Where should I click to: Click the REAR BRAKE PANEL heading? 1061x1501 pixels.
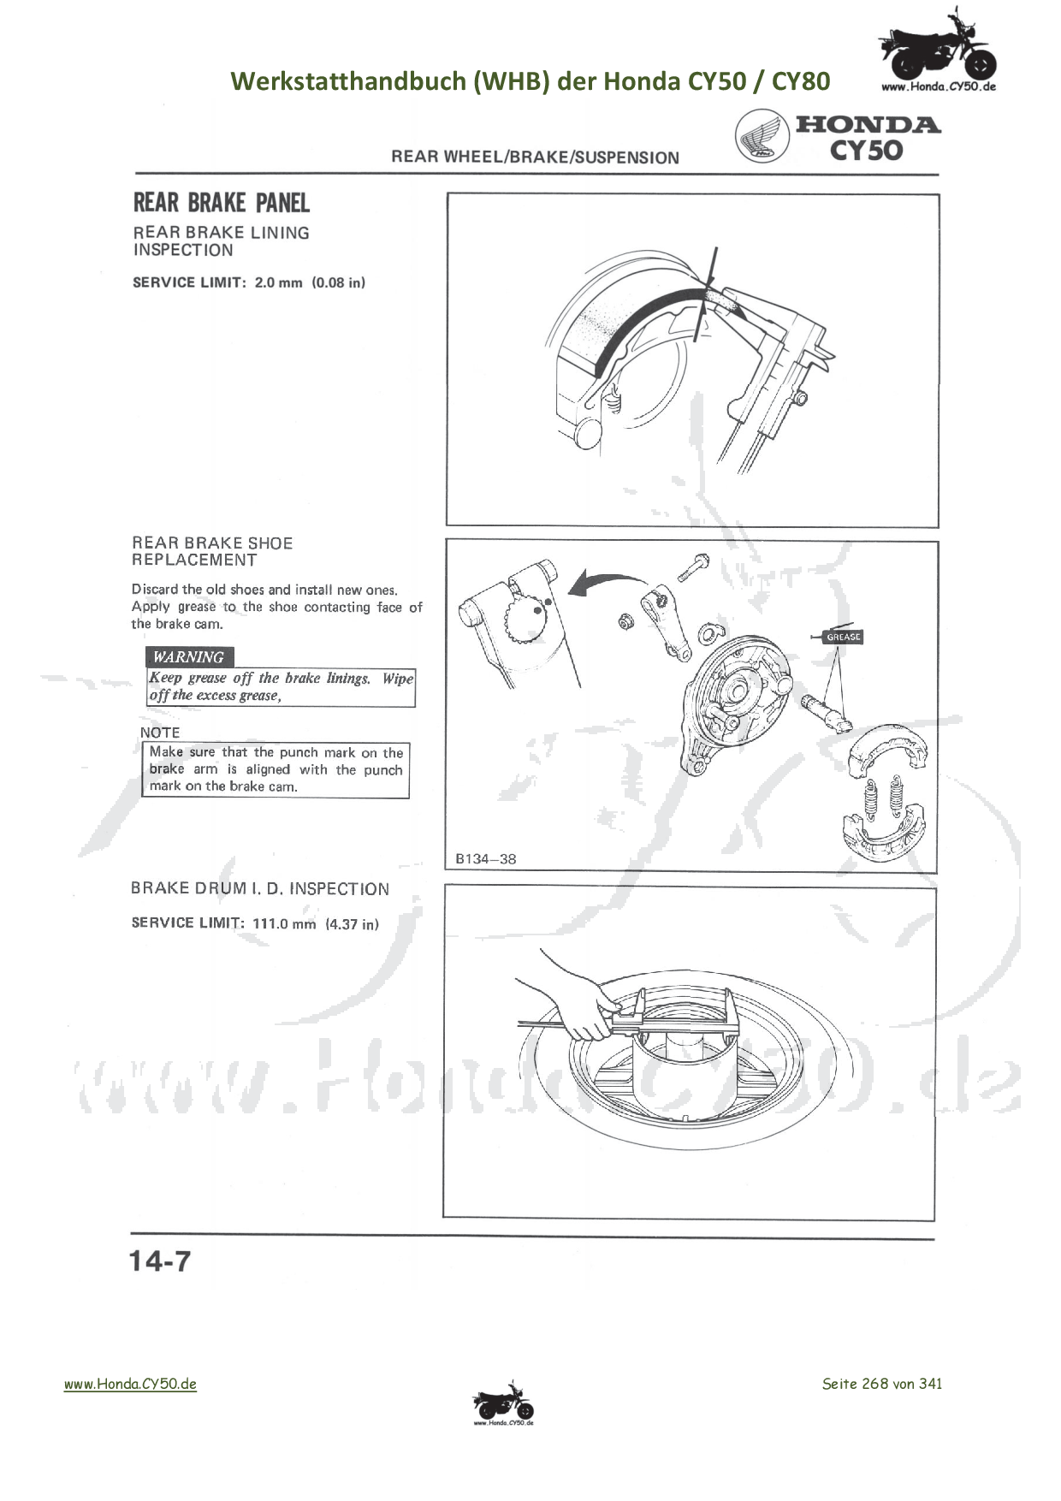pos(221,203)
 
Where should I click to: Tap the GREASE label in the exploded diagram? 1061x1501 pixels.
pos(843,637)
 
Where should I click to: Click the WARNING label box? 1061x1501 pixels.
pos(189,657)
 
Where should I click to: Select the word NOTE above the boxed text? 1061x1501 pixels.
pos(160,733)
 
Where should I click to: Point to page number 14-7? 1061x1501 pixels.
pos(160,1261)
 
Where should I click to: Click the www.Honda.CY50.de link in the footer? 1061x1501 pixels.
pos(130,1383)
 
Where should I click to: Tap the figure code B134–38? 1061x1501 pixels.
pos(485,859)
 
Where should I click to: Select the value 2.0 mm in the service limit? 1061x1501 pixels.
pos(278,282)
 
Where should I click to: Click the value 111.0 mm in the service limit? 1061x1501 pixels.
pos(284,923)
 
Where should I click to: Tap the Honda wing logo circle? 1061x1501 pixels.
pos(762,137)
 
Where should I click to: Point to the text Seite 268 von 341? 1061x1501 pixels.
pos(882,1383)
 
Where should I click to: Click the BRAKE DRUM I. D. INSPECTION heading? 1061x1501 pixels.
pos(260,889)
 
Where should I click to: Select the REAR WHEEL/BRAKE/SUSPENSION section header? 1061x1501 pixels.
pos(535,157)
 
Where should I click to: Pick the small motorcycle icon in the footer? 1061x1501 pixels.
pos(503,1403)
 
